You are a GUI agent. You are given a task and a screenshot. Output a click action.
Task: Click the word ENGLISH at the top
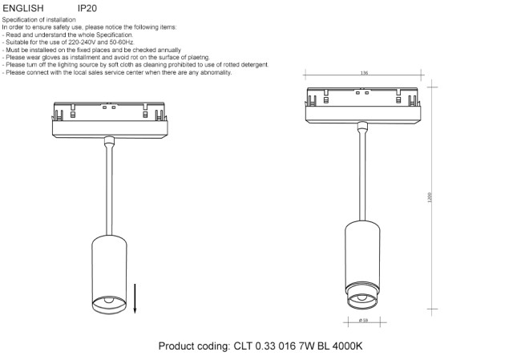click(x=23, y=8)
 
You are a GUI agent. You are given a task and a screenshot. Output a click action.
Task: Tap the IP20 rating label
click(x=87, y=8)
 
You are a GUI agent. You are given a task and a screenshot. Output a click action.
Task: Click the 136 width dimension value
click(x=364, y=73)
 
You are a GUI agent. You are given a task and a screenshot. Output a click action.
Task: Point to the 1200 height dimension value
click(x=429, y=197)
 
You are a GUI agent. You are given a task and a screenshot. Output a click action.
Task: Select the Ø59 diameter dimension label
click(x=364, y=321)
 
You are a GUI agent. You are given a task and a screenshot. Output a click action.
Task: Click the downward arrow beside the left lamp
click(x=135, y=298)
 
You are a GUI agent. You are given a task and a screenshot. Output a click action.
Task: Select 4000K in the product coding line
click(x=347, y=346)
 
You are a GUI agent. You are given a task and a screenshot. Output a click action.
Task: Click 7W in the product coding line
click(x=306, y=346)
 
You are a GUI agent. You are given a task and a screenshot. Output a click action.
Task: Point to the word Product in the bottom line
click(x=176, y=346)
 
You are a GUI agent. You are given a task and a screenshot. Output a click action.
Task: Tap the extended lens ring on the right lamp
click(x=362, y=296)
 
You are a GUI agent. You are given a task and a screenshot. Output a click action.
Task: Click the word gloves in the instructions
click(x=51, y=58)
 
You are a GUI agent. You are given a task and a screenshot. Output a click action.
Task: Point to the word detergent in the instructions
click(x=255, y=65)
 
